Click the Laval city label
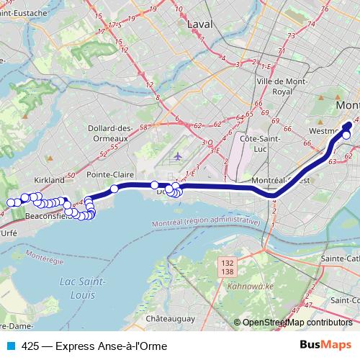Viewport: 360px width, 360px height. pos(201,24)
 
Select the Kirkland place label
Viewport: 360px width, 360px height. pos(50,180)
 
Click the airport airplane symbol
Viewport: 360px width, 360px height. pos(179,156)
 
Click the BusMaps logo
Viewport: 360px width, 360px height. pos(325,345)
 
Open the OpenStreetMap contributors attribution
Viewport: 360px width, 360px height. pos(297,323)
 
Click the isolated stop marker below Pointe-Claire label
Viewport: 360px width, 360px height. pos(114,189)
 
